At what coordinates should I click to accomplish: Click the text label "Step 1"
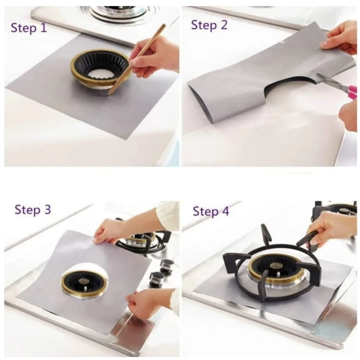29,28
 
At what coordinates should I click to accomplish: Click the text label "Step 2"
209,25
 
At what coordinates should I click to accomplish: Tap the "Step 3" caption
33,210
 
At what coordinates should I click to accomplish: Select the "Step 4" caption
211,211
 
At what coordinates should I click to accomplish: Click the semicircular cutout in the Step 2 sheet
290,85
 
